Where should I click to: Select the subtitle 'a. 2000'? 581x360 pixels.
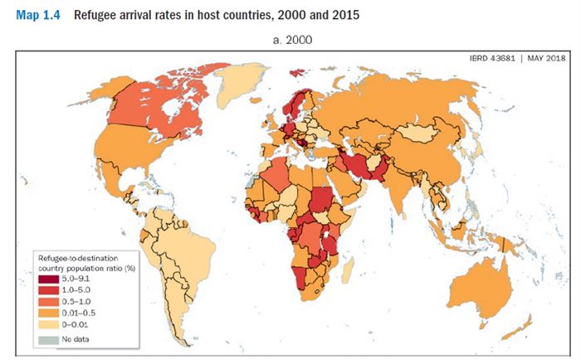(x=290, y=39)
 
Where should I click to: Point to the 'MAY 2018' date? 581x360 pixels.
(x=543, y=57)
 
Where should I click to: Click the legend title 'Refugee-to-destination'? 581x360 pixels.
(x=76, y=259)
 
